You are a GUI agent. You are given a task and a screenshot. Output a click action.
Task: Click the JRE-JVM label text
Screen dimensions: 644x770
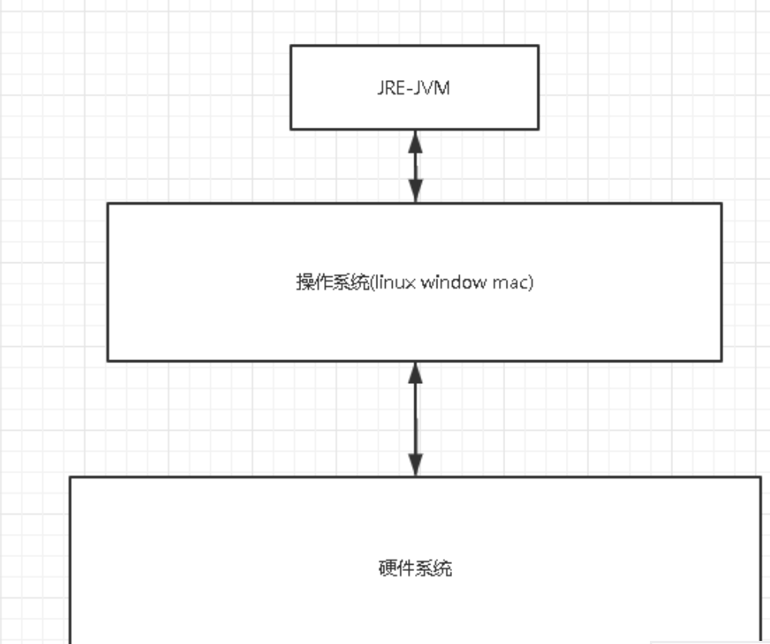pyautogui.click(x=414, y=88)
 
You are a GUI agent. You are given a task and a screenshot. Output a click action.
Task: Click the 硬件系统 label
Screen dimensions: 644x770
pyautogui.click(x=415, y=569)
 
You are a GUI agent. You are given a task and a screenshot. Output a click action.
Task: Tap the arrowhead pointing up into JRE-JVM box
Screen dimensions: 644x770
pyautogui.click(x=415, y=140)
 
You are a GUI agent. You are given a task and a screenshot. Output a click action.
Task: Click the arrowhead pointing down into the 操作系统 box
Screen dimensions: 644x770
pyautogui.click(x=415, y=192)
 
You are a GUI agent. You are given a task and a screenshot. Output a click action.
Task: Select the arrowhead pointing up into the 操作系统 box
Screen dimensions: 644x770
pyautogui.click(x=415, y=372)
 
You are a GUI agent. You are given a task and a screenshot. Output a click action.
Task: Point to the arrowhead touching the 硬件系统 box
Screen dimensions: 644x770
pyautogui.click(x=415, y=465)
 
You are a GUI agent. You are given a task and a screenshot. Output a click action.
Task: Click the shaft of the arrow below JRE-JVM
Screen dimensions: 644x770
pyautogui.click(x=415, y=165)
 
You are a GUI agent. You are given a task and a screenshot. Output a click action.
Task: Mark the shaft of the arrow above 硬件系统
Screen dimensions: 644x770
pyautogui.click(x=415, y=419)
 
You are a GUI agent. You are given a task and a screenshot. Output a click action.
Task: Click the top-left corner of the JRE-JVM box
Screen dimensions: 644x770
pyautogui.click(x=291, y=45)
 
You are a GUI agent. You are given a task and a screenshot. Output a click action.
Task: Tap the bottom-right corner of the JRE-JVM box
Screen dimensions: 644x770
pyautogui.click(x=537, y=128)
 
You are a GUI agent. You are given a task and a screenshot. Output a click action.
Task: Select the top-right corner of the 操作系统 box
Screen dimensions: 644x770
pyautogui.click(x=721, y=204)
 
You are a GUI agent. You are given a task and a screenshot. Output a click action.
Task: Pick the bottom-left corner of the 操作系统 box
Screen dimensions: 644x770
pyautogui.click(x=108, y=360)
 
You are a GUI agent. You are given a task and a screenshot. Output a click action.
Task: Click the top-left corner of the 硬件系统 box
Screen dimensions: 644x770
pyautogui.click(x=71, y=477)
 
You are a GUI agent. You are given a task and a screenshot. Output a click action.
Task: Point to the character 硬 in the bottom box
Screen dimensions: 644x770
pyautogui.click(x=387, y=569)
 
